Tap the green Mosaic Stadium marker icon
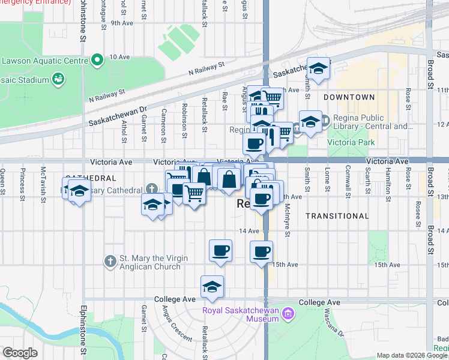58,79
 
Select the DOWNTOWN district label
349,97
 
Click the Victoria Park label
351,142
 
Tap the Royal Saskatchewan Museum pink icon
288,313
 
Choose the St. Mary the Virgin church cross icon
110,262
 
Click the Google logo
20,352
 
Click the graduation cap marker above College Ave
212,289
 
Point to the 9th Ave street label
121,23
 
